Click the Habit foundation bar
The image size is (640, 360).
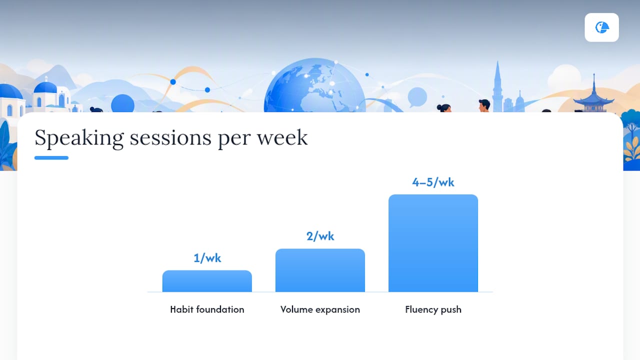207,281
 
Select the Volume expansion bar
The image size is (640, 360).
320,270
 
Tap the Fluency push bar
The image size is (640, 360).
433,243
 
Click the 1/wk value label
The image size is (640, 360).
207,258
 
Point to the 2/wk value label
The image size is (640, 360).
320,236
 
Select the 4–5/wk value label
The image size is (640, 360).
433,182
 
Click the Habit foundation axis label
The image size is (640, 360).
207,309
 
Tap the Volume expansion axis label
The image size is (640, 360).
320,309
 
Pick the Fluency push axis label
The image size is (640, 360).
433,309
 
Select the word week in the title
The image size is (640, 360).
282,137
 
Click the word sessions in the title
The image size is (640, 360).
170,138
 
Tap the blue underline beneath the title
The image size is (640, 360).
51,157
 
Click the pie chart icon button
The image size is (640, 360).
601,27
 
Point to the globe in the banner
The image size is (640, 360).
314,85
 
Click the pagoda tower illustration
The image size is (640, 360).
593,94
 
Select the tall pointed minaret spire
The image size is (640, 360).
497,85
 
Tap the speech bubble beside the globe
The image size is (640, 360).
417,97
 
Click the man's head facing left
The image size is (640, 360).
484,105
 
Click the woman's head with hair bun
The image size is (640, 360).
444,108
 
